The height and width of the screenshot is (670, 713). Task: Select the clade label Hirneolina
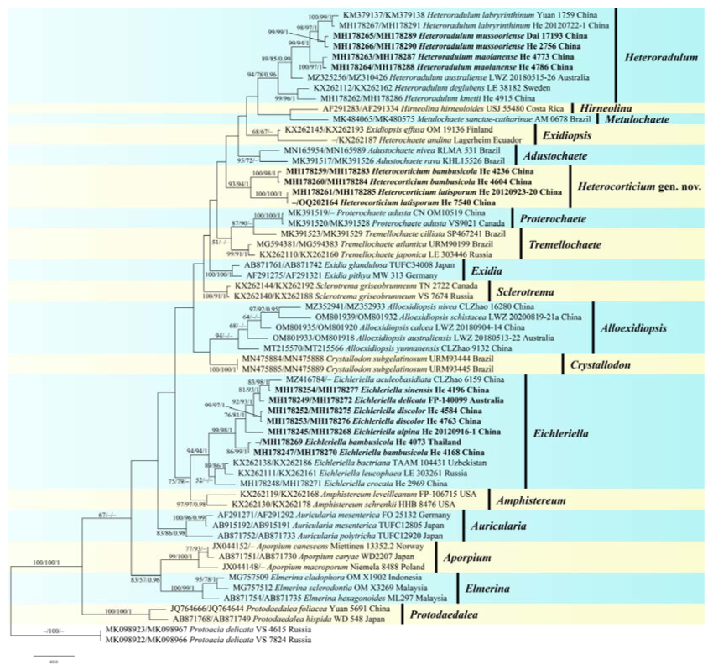pyautogui.click(x=602, y=107)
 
